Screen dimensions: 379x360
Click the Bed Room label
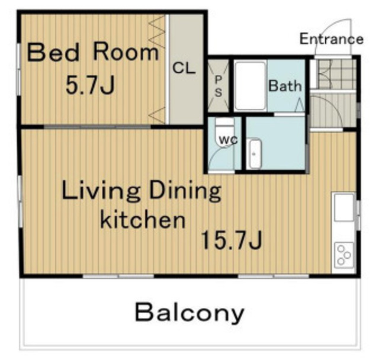point(93,52)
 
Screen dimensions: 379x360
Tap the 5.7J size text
point(90,85)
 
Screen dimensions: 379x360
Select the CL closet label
point(184,68)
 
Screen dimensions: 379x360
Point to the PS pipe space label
point(219,86)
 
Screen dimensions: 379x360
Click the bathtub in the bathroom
point(250,86)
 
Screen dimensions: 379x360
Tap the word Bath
point(285,86)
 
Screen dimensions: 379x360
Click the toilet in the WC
point(225,131)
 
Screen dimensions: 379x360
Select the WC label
point(228,140)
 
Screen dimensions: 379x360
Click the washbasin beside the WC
point(255,154)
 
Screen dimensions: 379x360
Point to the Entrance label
point(332,39)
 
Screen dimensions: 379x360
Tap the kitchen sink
point(344,208)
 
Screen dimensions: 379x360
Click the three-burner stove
point(344,255)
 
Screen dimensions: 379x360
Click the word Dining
point(185,191)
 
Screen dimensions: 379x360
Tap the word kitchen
point(143,220)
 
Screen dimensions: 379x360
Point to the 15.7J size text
point(232,240)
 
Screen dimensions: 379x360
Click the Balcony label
point(189,313)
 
